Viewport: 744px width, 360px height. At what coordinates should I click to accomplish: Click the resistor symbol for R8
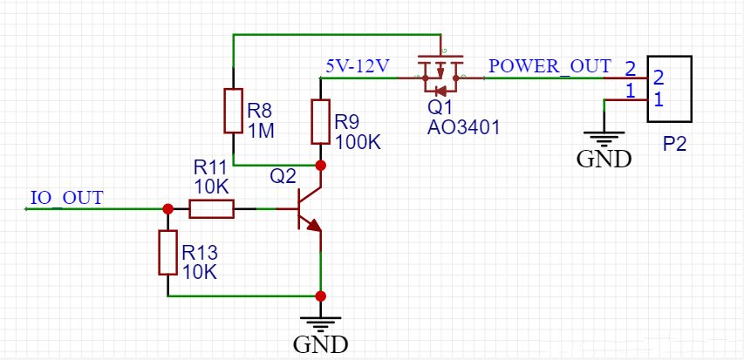click(233, 111)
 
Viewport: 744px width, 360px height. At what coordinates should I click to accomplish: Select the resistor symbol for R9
click(321, 122)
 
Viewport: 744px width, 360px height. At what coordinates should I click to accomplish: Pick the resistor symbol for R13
click(167, 253)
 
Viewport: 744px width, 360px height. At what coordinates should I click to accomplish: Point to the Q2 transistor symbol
click(307, 209)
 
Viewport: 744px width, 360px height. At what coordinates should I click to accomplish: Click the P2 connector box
click(669, 88)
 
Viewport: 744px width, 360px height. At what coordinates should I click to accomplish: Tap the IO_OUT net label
click(66, 197)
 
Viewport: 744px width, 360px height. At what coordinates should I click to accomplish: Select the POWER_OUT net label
click(549, 66)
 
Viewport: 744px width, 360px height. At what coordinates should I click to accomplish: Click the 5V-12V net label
click(357, 66)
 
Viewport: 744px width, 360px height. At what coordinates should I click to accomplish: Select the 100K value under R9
click(358, 141)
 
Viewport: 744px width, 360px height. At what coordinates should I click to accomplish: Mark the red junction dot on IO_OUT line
click(167, 209)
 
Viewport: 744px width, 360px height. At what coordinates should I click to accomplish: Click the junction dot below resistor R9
click(321, 165)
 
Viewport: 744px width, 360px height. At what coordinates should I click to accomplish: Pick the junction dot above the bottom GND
click(321, 295)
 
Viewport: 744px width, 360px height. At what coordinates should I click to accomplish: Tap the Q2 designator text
click(283, 176)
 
